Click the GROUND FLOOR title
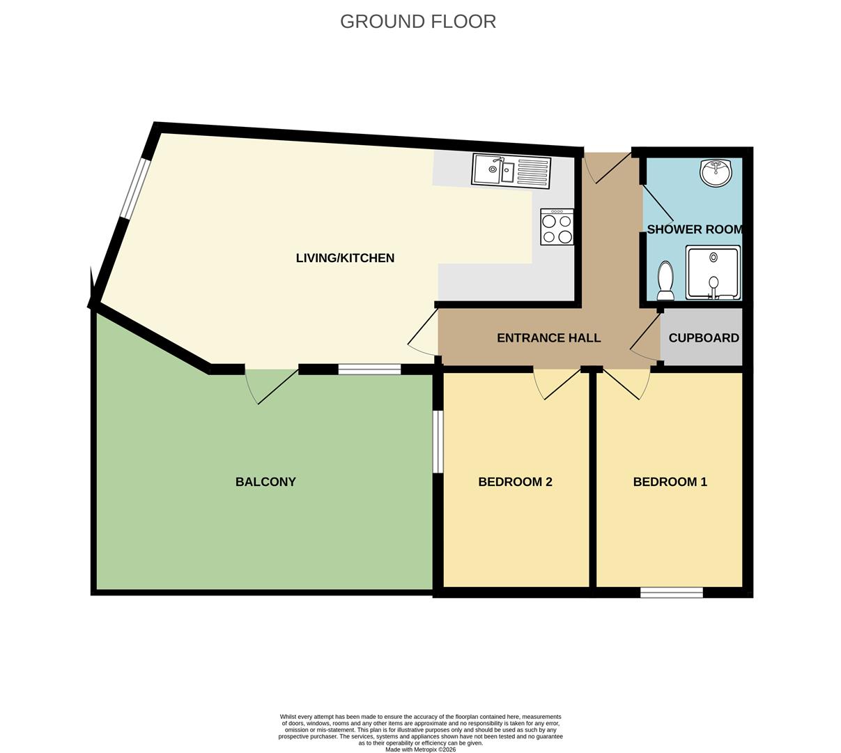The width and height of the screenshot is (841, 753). (418, 22)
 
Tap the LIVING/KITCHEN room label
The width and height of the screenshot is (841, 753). (345, 258)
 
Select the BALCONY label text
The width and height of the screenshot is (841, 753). (265, 482)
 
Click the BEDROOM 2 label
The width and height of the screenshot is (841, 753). (515, 482)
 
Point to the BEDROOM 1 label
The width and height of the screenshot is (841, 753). (670, 482)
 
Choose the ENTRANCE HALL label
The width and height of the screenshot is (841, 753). (548, 338)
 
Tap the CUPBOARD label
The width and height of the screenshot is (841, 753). (704, 338)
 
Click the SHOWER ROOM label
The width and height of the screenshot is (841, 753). (694, 229)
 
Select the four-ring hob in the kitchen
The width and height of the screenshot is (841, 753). (557, 227)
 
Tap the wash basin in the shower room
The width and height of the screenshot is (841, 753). (716, 172)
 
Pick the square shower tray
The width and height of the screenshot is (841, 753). (713, 272)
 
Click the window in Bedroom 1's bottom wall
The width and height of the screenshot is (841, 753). (672, 593)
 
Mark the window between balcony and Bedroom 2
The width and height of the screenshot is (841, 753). (438, 441)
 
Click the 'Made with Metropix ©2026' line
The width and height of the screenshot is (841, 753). (420, 750)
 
